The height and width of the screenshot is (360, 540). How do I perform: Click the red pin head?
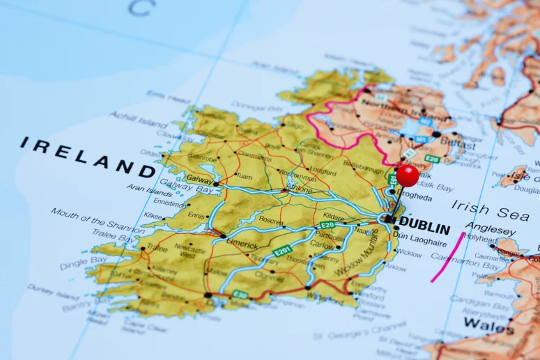coord(408,175)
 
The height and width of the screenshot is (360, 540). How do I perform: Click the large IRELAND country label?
coord(87,157)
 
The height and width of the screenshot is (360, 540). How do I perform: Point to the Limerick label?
coord(242,245)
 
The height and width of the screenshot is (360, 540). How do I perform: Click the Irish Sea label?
coord(490,207)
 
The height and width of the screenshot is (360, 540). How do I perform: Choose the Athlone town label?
coord(299,188)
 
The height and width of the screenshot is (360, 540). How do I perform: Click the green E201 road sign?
coord(281,251)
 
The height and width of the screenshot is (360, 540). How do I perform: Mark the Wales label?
coord(488,324)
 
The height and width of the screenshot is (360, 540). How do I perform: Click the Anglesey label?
coord(491,228)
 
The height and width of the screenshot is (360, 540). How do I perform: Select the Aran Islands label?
coord(149,189)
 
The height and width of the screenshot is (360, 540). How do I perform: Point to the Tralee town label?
coord(156,247)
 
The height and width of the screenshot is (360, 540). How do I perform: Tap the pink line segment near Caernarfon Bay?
coord(447,258)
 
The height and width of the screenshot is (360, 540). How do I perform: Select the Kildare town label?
coord(333,217)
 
